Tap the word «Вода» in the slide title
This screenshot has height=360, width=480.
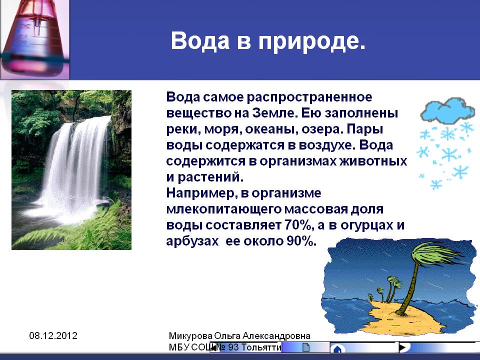click(200, 40)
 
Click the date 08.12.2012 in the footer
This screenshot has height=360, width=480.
click(53, 335)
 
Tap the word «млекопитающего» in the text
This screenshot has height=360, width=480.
click(224, 209)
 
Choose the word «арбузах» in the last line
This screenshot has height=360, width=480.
click(192, 241)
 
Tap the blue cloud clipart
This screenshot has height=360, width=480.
click(447, 110)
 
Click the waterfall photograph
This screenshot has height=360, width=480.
click(71, 170)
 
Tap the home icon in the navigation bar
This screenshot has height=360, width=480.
click(337, 349)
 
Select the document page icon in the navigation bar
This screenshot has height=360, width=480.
click(306, 347)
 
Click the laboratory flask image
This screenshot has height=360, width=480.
click(34, 39)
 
